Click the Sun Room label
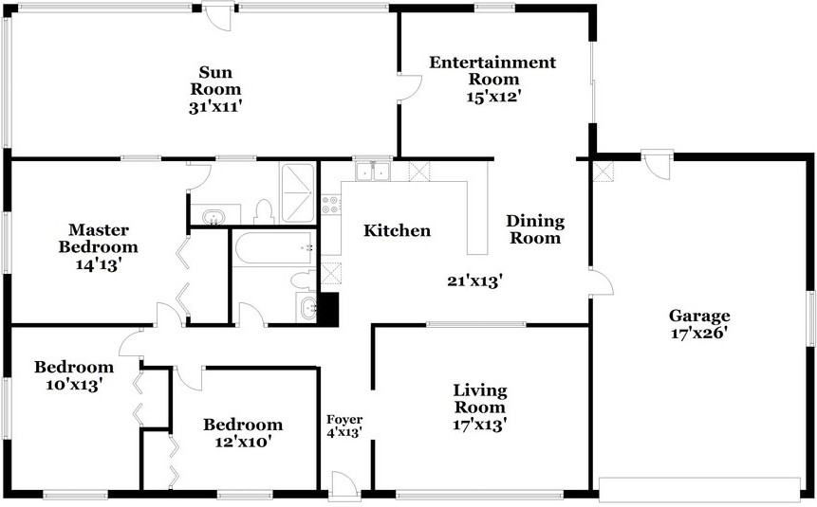point(215,81)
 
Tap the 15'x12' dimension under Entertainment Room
point(493,97)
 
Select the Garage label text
point(699,316)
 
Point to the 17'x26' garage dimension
point(698,334)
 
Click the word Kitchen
point(397,230)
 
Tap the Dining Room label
point(535,229)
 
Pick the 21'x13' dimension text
point(474,281)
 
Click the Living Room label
point(479,398)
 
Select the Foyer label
point(344,420)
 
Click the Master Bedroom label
point(98,238)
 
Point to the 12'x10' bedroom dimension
point(243,443)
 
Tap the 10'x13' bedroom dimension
point(73,385)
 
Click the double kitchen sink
point(373,171)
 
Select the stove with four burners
point(330,205)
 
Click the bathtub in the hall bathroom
point(274,248)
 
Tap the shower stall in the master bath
point(298,192)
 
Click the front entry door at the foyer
point(344,482)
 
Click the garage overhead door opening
point(699,489)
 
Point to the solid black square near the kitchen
point(327,309)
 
